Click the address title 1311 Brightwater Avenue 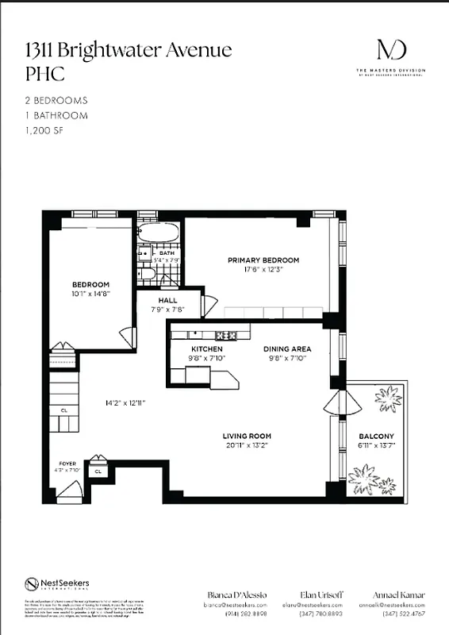128,51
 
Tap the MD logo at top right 391,49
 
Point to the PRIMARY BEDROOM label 263,260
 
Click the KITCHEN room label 207,348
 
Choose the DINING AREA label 287,348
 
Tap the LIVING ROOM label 247,436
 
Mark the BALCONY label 376,437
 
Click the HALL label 167,301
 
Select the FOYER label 67,462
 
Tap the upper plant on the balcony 388,396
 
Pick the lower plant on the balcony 365,478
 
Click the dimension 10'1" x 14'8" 90,294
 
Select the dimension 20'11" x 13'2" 247,445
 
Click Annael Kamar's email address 399,604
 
